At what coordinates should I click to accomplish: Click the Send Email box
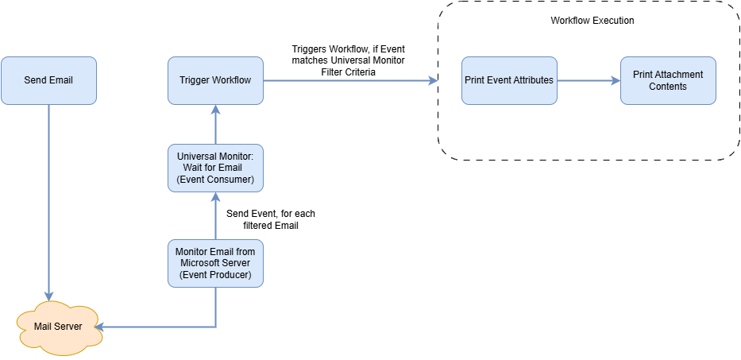48,80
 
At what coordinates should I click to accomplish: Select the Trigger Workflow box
215,80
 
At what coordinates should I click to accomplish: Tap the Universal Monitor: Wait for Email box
215,168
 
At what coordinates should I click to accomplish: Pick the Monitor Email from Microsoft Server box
215,262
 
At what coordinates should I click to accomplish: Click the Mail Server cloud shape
60,327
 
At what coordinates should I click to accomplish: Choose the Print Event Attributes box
509,80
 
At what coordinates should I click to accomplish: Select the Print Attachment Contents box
668,80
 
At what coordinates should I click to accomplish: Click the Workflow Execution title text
592,21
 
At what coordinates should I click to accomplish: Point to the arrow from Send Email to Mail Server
48,199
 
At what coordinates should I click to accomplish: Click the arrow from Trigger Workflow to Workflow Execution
349,80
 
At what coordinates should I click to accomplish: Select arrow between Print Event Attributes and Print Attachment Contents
588,80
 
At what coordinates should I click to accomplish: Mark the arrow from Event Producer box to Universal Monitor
215,215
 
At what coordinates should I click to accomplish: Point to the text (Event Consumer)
215,180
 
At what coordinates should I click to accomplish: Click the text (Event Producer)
215,274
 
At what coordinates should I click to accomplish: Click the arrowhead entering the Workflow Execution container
433,80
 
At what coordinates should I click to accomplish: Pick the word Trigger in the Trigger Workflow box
195,80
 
